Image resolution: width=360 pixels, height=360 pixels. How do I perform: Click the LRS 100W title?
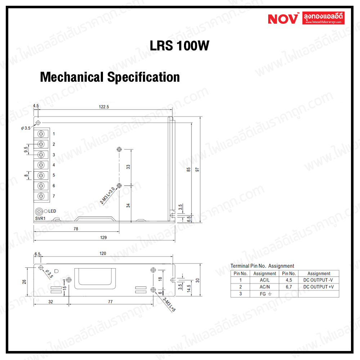179,46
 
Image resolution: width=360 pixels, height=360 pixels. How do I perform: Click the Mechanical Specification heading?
110,77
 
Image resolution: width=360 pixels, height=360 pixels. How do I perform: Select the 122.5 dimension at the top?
104,107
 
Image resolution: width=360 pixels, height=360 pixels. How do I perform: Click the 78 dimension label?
75,229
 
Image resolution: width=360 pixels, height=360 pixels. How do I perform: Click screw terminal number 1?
41,134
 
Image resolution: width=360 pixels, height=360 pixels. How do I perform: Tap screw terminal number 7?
41,196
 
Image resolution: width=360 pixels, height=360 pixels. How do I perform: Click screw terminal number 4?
41,165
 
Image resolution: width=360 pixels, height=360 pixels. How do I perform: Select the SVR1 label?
40,218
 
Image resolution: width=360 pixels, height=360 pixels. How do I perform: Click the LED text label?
52,211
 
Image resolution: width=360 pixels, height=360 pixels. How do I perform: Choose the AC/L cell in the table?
265,280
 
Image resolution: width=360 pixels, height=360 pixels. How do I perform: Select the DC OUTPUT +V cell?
319,287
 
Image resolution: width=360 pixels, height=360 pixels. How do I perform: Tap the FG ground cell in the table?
265,294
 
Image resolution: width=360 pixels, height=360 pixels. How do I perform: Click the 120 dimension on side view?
103,253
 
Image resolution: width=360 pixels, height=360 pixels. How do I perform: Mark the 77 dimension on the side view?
110,302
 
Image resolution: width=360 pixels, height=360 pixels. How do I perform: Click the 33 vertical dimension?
128,167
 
